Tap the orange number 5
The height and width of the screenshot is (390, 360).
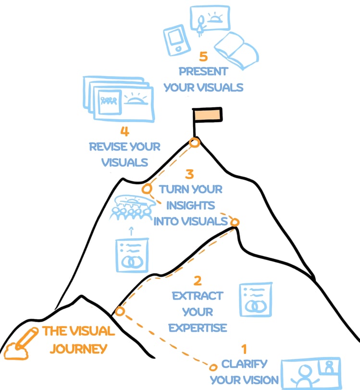[x=203, y=56]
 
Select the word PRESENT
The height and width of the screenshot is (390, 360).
[x=203, y=71]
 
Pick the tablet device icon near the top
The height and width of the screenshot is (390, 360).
[x=177, y=40]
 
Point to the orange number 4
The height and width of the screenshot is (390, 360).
[x=124, y=131]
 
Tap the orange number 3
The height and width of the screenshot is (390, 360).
[x=189, y=174]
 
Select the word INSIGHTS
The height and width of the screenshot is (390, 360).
[x=190, y=205]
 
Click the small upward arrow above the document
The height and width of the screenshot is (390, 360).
[x=131, y=231]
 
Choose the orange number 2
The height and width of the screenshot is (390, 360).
[x=198, y=280]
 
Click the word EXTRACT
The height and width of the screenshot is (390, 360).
[x=198, y=296]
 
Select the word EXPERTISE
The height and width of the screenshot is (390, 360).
[x=198, y=328]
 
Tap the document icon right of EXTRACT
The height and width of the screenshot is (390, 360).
[x=256, y=300]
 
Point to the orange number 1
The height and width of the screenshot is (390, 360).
[x=244, y=349]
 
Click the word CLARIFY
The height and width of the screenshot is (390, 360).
[x=244, y=364]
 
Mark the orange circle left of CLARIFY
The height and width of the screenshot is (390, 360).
[x=213, y=367]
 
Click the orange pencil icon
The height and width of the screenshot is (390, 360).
[x=21, y=344]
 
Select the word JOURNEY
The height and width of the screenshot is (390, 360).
[x=78, y=349]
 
